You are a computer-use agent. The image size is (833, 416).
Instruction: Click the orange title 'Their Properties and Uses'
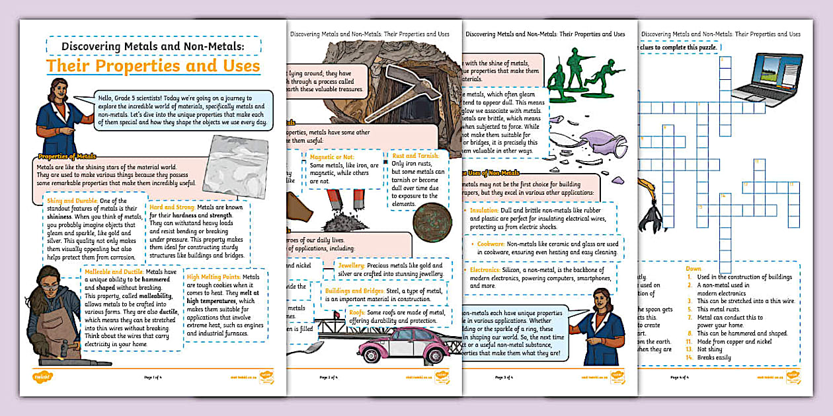coord(153,66)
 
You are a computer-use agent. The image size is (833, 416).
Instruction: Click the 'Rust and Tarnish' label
coord(416,156)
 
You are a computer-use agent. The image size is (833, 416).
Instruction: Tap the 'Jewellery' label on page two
coord(351,265)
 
